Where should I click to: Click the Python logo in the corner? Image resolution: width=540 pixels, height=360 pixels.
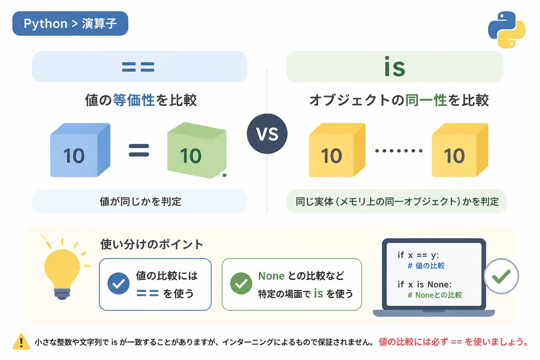click(507, 30)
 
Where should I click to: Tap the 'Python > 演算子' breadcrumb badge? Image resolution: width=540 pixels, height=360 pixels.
click(70, 24)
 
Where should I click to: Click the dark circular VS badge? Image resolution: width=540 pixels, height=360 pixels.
click(267, 134)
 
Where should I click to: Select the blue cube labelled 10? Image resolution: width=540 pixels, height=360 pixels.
click(80, 150)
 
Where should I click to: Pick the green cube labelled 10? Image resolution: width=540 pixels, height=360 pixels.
click(197, 150)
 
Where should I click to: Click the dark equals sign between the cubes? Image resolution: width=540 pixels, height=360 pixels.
click(139, 150)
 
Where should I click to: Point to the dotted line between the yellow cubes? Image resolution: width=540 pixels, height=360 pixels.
click(399, 151)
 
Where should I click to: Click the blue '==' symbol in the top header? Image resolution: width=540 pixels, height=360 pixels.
click(138, 67)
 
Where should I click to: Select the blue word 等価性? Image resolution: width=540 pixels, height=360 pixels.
click(134, 100)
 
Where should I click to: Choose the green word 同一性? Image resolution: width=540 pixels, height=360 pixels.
click(426, 100)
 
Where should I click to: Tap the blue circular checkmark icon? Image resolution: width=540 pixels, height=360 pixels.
click(118, 283)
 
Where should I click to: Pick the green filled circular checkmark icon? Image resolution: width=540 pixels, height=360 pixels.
click(241, 283)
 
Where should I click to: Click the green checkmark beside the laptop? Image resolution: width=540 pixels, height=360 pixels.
click(501, 276)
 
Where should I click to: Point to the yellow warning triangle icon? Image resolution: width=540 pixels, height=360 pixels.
click(21, 341)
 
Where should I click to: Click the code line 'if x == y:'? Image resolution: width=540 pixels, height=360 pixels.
click(418, 255)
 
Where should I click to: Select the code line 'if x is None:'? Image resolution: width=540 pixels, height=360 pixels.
click(425, 284)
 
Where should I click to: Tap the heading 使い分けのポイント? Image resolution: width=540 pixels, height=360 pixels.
click(152, 244)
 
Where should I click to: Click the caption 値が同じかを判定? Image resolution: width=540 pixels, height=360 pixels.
click(140, 201)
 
